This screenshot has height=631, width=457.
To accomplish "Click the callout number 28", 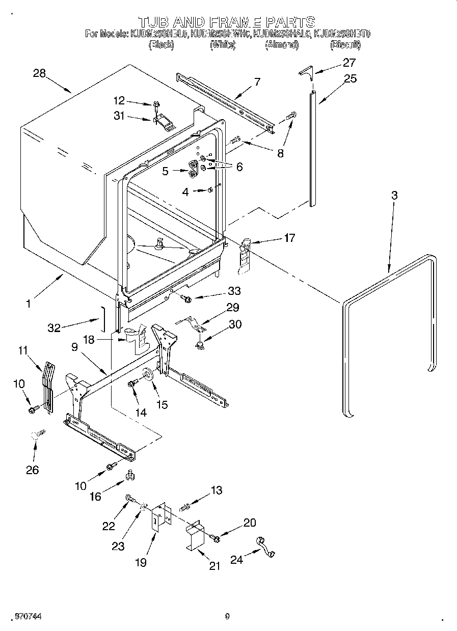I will pos(39,73).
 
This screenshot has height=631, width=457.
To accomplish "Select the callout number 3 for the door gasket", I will pos(394,195).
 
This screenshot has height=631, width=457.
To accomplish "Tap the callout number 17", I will pos(289,238).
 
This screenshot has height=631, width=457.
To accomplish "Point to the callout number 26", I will pos(32,470).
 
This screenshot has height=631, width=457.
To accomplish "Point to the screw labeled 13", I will pos(185,506).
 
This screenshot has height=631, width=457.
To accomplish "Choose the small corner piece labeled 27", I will pos(305,72).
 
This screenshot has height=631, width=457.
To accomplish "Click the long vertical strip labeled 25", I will pos(312,148).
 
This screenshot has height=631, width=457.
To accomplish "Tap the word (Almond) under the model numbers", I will pos(281,45).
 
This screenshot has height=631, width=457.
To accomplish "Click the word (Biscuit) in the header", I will pos(345,45).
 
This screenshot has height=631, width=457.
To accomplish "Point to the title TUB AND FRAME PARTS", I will pos(227,22).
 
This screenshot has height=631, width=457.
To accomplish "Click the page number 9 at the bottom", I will pos(227,616).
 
